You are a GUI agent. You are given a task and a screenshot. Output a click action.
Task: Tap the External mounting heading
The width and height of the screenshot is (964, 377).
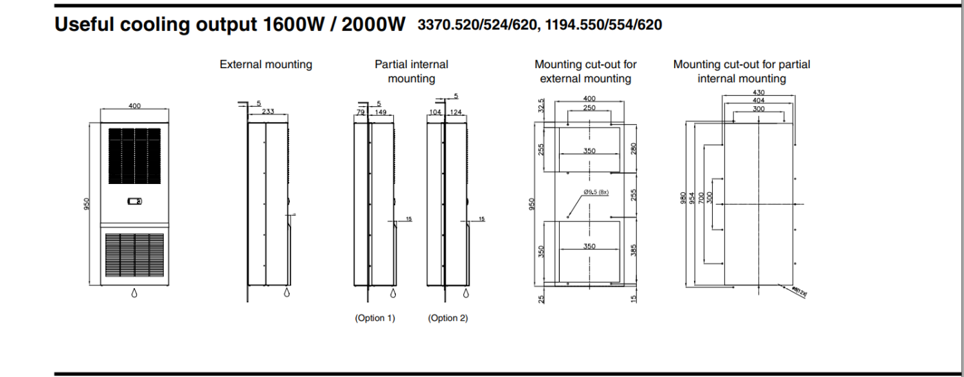(266, 65)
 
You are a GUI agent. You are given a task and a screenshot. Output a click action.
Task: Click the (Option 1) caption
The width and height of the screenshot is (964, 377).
(375, 318)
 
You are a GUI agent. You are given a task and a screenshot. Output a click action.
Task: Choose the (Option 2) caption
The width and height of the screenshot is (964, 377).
(448, 318)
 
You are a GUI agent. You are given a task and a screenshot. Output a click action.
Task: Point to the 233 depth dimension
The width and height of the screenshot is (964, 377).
(269, 112)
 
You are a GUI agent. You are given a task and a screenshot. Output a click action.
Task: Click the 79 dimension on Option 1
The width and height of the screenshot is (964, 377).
(359, 112)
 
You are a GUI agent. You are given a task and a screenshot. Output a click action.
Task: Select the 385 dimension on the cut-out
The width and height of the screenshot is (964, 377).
(634, 249)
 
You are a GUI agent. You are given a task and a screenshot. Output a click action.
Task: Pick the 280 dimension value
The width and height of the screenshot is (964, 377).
(634, 147)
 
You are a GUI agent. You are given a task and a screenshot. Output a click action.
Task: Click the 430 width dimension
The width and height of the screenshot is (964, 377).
(758, 92)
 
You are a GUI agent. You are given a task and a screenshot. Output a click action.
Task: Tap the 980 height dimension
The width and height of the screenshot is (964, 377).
(683, 199)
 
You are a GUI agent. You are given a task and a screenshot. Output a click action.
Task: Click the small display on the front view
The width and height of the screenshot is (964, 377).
(135, 201)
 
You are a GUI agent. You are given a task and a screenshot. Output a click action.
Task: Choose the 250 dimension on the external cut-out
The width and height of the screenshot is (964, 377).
(589, 107)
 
